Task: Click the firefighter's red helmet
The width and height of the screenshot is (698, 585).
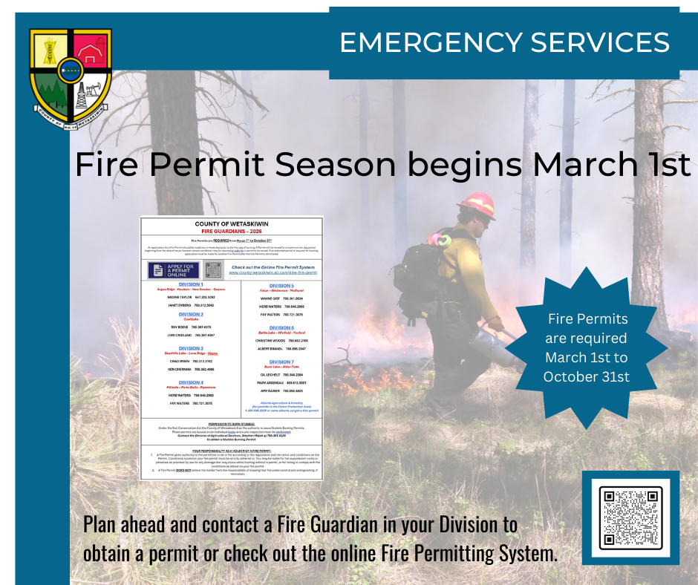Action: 477,205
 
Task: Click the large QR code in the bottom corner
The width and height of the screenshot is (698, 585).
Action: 630,517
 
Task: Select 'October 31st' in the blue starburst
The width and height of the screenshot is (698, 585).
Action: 586,376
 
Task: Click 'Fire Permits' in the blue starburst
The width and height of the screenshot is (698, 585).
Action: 587,319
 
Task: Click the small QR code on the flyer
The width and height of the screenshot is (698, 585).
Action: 213,270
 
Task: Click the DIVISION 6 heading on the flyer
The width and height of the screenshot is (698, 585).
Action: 281,327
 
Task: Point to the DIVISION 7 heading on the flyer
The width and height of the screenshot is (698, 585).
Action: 281,362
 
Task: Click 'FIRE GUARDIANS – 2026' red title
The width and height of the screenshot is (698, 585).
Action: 232,231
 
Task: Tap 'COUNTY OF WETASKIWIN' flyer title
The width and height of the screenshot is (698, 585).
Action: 232,223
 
